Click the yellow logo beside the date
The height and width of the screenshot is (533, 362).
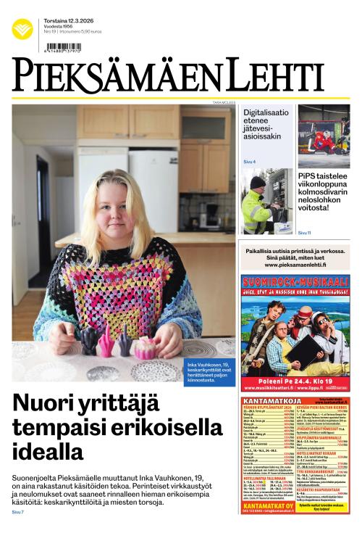coord(22,29)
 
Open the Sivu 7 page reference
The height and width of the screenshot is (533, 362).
coord(17,513)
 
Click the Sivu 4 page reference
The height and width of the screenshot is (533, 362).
coord(249,161)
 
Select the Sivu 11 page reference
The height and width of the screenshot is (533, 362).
coord(304,233)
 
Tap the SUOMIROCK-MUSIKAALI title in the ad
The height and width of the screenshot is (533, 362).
coord(295,281)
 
